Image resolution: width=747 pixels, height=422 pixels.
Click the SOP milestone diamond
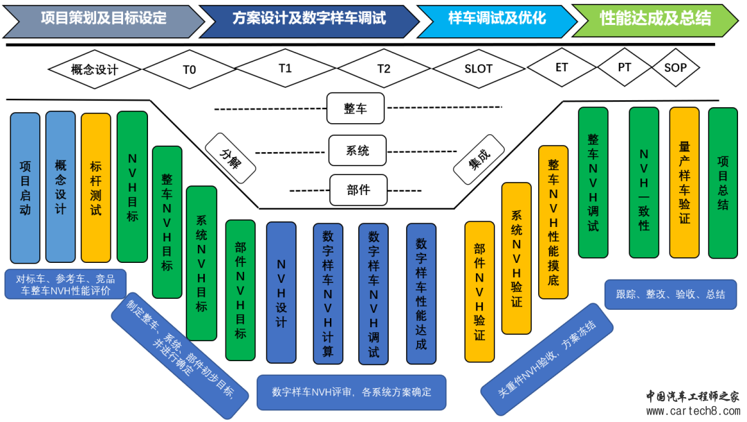(x=675, y=68)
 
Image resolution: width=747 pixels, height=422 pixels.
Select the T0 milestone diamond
(x=190, y=69)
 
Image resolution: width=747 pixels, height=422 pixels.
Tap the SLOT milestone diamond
(x=479, y=68)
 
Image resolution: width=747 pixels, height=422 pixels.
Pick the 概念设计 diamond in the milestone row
(x=95, y=69)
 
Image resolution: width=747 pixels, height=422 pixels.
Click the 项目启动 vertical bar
(x=26, y=187)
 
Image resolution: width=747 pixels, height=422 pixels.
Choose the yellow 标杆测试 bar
(x=95, y=187)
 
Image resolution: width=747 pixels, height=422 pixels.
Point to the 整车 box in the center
(x=356, y=109)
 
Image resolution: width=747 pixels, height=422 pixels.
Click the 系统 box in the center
(x=357, y=150)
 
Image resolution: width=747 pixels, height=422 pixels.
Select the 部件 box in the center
(x=358, y=190)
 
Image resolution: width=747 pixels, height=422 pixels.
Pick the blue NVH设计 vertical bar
(x=281, y=292)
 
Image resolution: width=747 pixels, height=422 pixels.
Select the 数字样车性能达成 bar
(x=421, y=293)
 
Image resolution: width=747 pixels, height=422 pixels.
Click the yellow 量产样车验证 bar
(x=684, y=182)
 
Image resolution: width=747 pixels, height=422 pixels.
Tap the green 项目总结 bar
(x=723, y=182)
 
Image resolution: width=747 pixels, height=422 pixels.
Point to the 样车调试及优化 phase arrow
(x=495, y=19)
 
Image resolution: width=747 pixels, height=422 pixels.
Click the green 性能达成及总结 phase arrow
(x=654, y=19)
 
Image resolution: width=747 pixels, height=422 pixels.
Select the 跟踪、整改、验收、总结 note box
(x=670, y=294)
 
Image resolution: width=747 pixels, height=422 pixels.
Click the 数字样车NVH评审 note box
(x=351, y=392)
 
